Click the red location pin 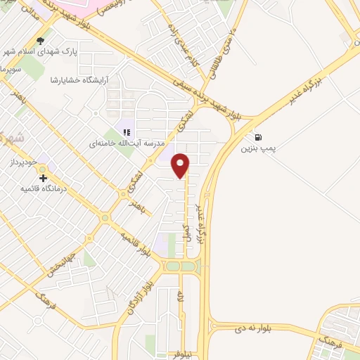[181, 165]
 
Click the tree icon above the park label [41, 40]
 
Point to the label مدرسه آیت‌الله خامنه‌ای [127, 143]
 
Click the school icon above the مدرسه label [127, 131]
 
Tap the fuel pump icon [260, 137]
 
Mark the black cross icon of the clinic [44, 178]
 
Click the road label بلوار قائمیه [135, 243]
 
